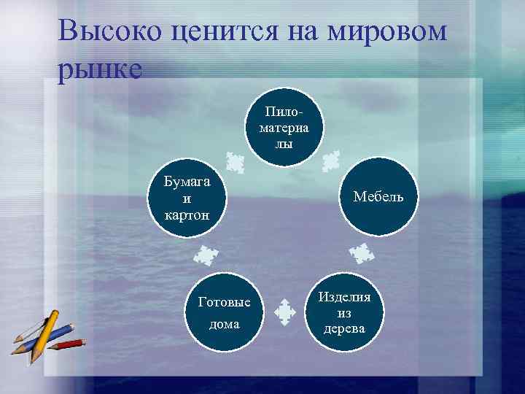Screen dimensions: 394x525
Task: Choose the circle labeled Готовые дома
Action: pyautogui.click(x=224, y=312)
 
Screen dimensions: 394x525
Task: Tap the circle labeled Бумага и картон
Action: pyautogui.click(x=187, y=197)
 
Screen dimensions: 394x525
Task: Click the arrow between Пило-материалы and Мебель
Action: pyautogui.click(x=331, y=160)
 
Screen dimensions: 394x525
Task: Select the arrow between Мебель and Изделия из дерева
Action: pyautogui.click(x=361, y=254)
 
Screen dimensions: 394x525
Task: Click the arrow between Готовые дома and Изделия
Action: pyautogui.click(x=284, y=312)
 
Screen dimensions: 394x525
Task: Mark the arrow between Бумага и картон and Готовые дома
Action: pyautogui.click(x=206, y=255)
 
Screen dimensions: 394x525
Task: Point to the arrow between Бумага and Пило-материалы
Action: pyautogui.click(x=235, y=161)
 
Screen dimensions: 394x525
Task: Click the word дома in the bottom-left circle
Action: pyautogui.click(x=224, y=324)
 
